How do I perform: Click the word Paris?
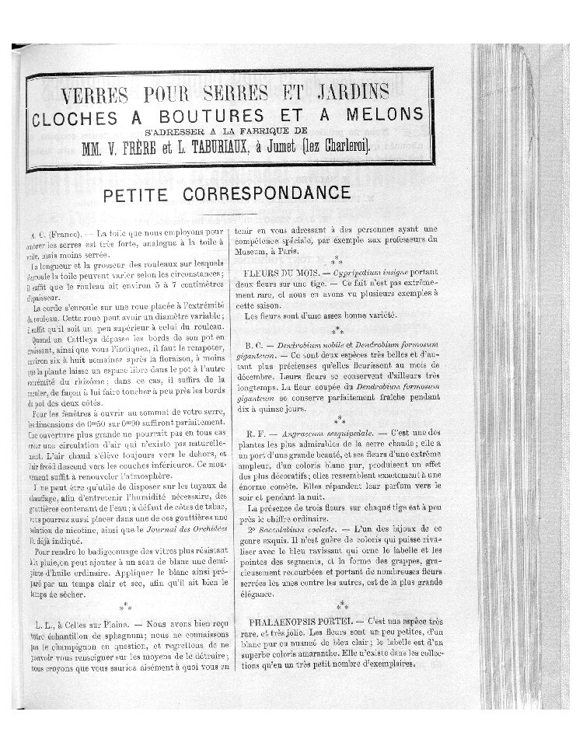pyautogui.click(x=304, y=251)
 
